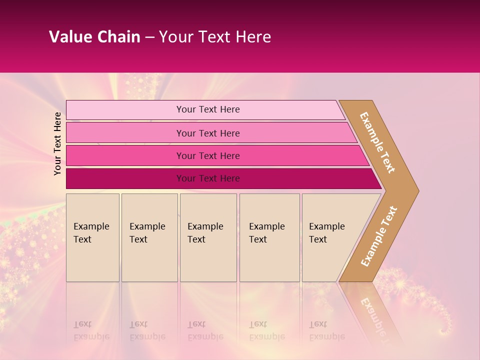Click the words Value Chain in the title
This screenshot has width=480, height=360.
point(94,37)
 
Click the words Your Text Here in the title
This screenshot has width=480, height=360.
point(215,37)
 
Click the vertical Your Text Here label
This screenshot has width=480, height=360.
point(57,144)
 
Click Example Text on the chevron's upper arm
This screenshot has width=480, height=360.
point(377,142)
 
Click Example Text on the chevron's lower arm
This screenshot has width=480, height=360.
point(379,236)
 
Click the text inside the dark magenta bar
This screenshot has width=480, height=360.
point(208,178)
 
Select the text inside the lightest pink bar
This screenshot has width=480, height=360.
point(208,109)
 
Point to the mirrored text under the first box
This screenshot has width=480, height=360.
point(91,330)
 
